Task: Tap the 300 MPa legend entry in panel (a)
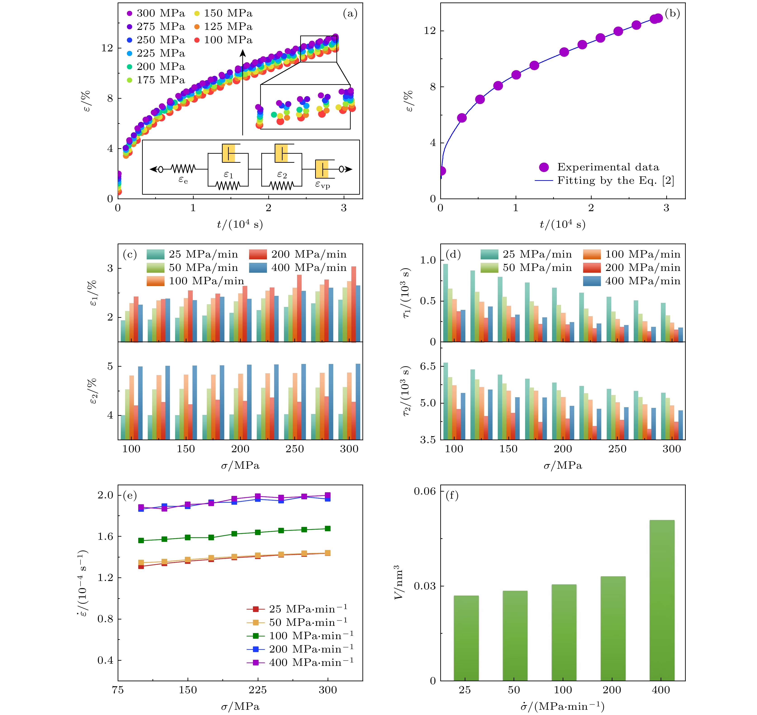(156, 13)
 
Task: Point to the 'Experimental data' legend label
(608, 167)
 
